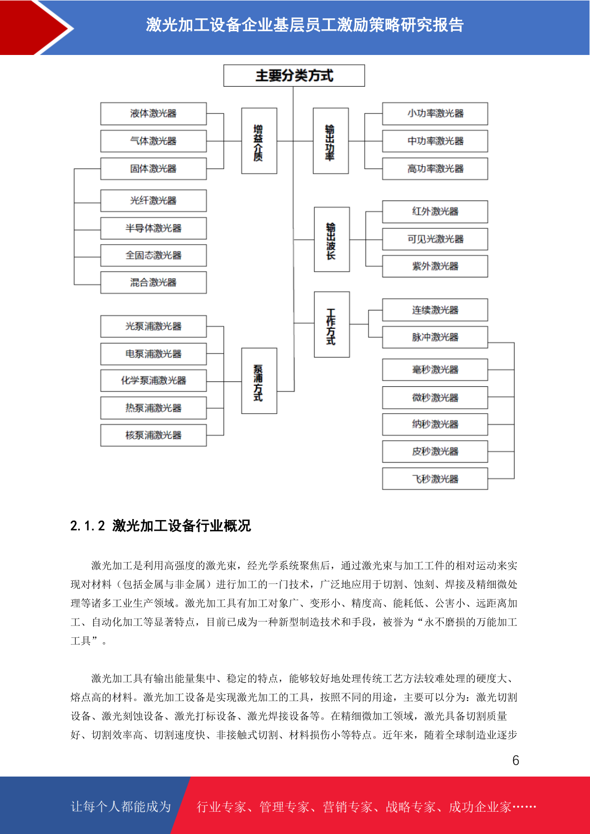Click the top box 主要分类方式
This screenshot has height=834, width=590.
click(294, 76)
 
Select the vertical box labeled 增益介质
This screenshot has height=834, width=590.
click(259, 141)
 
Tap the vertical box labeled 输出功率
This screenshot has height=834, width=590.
click(331, 141)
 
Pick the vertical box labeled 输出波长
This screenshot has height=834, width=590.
click(332, 239)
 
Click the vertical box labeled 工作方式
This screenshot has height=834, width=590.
click(332, 325)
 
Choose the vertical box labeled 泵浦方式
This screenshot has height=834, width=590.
click(259, 381)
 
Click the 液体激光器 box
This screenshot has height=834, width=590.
click(154, 113)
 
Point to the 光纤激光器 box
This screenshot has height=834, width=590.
click(154, 201)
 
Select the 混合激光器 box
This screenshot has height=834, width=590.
click(154, 283)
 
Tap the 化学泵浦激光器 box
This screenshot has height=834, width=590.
click(154, 380)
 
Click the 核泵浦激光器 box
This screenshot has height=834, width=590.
click(154, 435)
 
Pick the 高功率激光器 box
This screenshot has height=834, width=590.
click(435, 169)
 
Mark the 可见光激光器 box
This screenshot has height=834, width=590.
click(435, 239)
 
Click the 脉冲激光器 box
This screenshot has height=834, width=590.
click(435, 337)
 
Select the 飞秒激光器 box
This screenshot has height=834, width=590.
click(435, 479)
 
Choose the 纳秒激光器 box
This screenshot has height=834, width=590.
click(435, 424)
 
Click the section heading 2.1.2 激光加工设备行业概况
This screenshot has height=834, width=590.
click(161, 526)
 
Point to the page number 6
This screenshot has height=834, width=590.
click(516, 760)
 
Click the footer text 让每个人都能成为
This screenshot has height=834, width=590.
click(121, 806)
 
